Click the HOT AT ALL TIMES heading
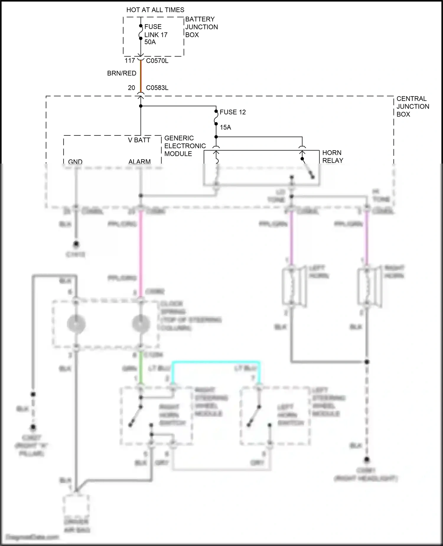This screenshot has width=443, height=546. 155,10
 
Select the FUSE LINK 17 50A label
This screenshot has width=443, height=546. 156,35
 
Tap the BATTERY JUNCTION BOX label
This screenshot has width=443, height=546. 201,27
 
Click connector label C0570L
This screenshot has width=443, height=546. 157,61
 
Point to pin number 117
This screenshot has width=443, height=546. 130,61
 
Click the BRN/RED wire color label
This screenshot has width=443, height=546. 122,73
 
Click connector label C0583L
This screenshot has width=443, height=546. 157,88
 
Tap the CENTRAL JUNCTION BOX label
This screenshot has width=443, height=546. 413,106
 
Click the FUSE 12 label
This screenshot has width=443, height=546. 233,112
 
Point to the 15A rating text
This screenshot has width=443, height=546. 225,127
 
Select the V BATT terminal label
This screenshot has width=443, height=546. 139,140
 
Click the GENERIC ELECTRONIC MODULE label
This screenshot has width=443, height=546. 185,146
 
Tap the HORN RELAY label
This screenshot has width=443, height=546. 333,156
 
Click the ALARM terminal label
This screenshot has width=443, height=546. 139,161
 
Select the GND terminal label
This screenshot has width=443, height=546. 75,162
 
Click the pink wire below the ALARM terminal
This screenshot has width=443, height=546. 141,251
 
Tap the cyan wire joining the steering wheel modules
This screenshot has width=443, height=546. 216,362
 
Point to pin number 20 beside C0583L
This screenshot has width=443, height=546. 131,88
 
